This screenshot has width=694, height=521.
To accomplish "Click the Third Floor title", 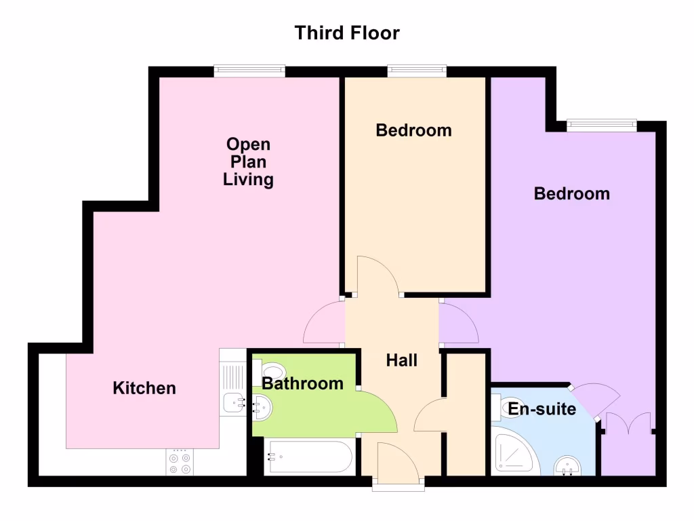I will (x=347, y=33).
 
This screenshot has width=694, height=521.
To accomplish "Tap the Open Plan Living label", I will (x=248, y=162).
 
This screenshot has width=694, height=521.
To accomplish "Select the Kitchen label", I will (x=144, y=388).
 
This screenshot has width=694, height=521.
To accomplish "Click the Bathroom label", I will (x=302, y=384).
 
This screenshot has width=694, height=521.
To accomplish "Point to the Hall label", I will (x=401, y=360).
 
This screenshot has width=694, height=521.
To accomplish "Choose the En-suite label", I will (x=542, y=409).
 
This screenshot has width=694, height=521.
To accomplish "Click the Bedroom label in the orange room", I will (x=413, y=130).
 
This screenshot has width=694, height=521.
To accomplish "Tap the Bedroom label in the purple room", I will (x=571, y=194).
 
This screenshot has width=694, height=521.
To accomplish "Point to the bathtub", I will (x=308, y=457).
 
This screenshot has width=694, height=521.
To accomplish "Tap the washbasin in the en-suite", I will (x=568, y=466).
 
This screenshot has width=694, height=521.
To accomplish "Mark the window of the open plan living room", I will (x=249, y=71).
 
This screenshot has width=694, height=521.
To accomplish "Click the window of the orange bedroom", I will (x=417, y=71).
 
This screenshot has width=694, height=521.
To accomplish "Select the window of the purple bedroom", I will (x=602, y=125).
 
